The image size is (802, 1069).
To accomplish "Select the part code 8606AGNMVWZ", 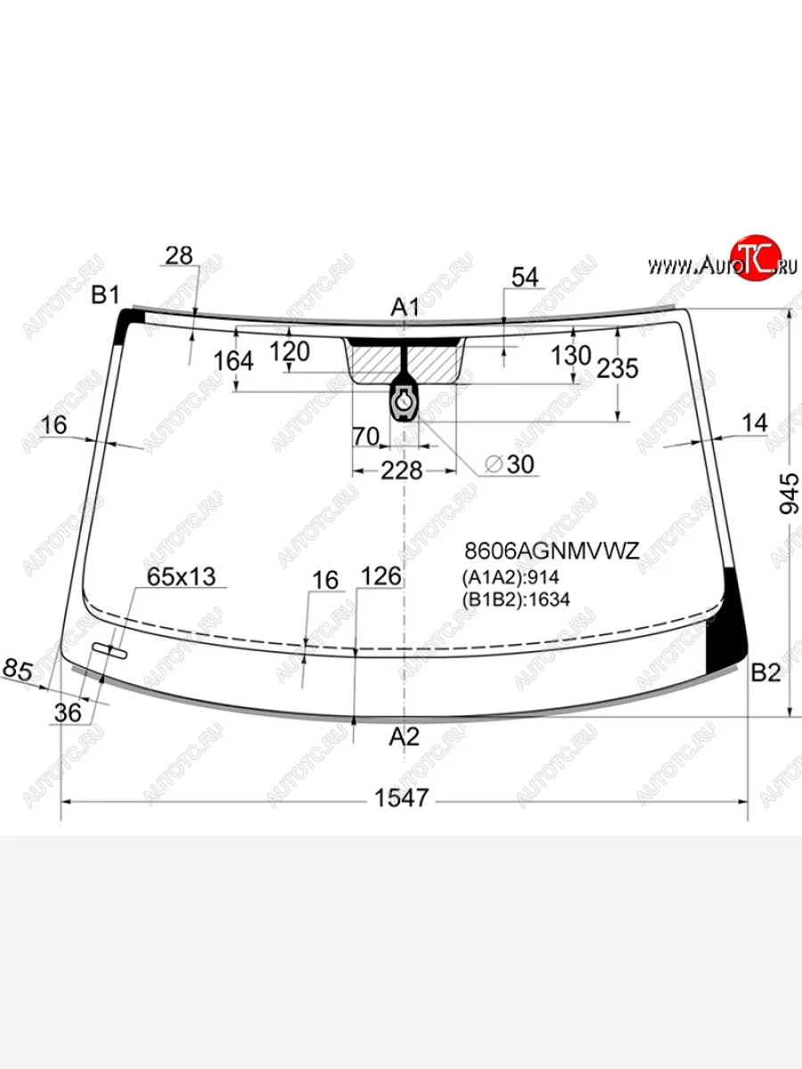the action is coord(552,551).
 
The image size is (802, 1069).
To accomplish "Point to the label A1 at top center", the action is coord(405,307).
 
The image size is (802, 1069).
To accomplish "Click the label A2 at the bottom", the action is coord(405,737).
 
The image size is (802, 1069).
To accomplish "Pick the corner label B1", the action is coord(106,295).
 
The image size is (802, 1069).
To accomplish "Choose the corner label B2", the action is coord(766,673).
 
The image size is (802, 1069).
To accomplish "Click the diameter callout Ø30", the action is coord(510,464).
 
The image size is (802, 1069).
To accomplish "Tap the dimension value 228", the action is coord(401,470).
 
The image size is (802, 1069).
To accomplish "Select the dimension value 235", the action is coord(618,368).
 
